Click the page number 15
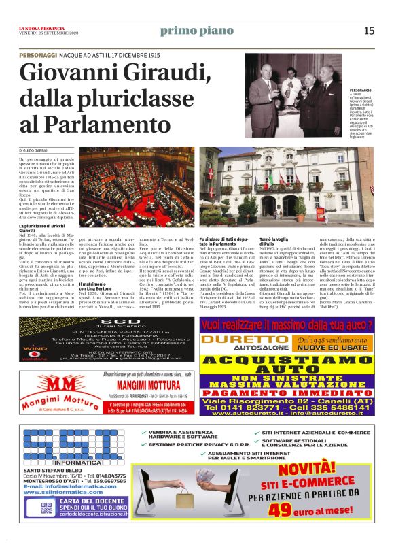click(x=369, y=31)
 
